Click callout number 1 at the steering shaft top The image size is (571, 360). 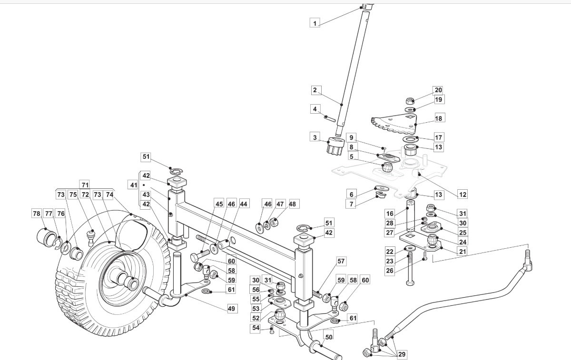315,23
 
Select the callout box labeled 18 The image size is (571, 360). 438,118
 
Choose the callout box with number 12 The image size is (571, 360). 463,195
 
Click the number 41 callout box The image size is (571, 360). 134,185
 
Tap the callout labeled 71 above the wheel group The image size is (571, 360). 85,185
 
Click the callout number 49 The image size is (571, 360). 231,309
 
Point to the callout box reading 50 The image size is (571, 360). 329,337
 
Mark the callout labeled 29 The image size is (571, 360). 402,354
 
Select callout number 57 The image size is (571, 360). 341,261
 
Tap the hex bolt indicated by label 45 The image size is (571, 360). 200,255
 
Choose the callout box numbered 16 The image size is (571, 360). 390,213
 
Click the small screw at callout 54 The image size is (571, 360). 272,331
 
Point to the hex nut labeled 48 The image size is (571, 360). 274,223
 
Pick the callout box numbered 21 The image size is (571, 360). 463,252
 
